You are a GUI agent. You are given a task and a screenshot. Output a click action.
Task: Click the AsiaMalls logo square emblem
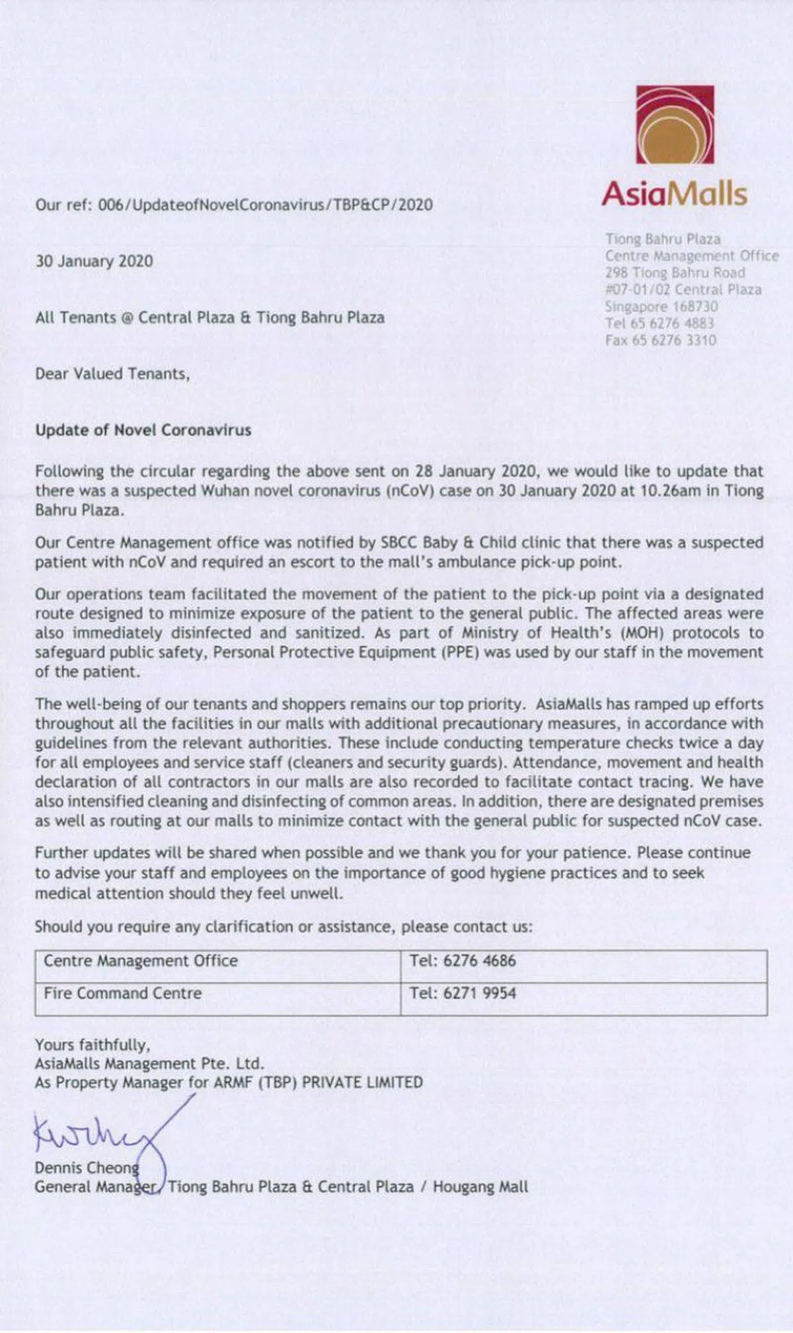click(675, 124)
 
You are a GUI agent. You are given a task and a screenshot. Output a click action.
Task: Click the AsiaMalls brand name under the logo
click(674, 194)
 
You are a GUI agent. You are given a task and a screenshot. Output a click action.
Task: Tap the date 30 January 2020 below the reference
click(94, 261)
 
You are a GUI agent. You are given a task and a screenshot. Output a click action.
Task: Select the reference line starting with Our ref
click(234, 205)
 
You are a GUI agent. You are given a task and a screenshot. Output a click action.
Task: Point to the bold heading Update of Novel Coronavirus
click(143, 430)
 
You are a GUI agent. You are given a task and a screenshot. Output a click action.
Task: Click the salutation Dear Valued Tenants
click(112, 374)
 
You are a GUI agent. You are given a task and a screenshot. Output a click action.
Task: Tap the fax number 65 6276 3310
click(661, 341)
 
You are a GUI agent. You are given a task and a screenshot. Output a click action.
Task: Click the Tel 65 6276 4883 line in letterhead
click(660, 323)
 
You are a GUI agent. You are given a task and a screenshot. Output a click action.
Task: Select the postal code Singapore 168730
click(661, 307)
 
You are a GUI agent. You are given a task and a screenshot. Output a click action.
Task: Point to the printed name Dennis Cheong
click(87, 1168)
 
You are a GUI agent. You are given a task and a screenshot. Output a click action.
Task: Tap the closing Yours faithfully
click(93, 1045)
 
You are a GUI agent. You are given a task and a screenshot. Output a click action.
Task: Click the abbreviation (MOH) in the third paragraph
click(642, 633)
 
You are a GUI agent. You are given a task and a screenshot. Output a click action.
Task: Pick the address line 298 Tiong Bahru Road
click(675, 273)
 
